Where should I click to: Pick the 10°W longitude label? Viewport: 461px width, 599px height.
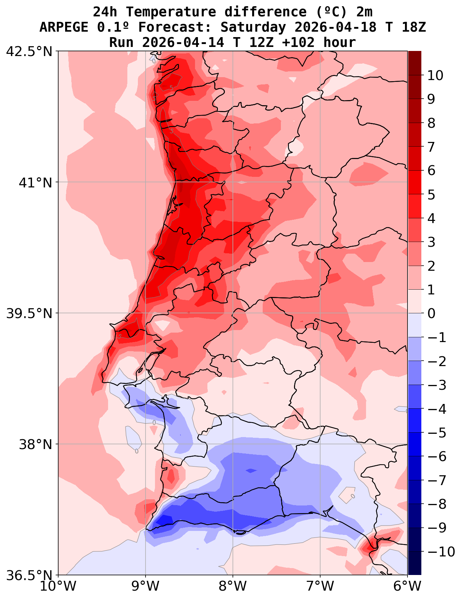tap(58, 587)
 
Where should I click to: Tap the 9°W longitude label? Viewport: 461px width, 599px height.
tap(146, 587)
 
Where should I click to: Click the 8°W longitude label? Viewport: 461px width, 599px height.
tap(233, 587)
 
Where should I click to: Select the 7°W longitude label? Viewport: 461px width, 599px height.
tap(320, 587)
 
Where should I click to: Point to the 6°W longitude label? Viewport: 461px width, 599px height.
tap(408, 587)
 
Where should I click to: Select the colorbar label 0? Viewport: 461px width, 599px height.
tap(431, 313)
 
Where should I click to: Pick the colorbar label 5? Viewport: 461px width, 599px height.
tap(431, 194)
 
